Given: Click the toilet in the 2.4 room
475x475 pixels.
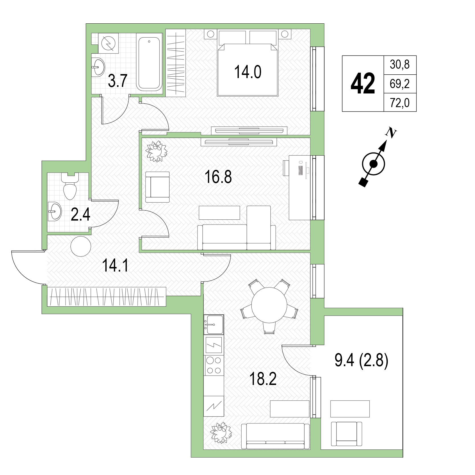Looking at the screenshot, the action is click(x=70, y=186).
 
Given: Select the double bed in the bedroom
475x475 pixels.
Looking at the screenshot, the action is click(x=248, y=63).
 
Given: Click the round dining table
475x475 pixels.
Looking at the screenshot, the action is click(x=269, y=305).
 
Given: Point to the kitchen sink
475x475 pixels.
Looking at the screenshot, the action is click(x=214, y=324).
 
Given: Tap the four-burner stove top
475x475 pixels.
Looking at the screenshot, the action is click(x=214, y=365).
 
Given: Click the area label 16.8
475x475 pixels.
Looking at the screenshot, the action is click(x=218, y=177).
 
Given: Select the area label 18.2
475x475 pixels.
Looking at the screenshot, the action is click(x=263, y=379).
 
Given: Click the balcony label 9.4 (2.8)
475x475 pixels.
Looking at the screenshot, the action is click(x=361, y=361).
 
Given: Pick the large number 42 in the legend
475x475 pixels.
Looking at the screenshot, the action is click(x=362, y=83).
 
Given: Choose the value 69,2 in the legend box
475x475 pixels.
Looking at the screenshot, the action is click(x=399, y=84).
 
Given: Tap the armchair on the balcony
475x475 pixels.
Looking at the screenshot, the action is click(x=346, y=434).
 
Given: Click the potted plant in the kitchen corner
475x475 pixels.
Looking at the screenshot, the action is click(x=221, y=433).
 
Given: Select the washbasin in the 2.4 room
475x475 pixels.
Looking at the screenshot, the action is click(x=55, y=211).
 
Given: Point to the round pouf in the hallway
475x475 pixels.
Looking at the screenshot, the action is click(x=81, y=246).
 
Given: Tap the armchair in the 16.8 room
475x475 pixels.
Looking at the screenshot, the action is click(x=157, y=187).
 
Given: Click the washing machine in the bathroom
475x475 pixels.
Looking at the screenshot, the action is click(x=108, y=43).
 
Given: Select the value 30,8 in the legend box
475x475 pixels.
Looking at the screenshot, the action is click(x=399, y=65).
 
